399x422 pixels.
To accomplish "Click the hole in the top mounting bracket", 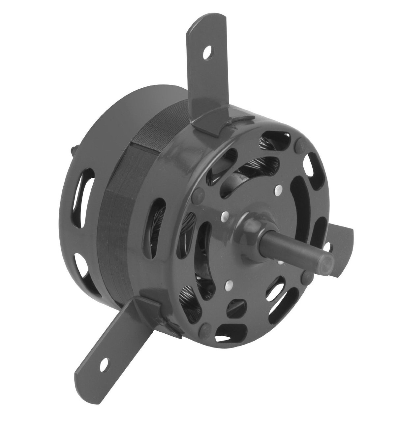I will [x=207, y=51].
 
